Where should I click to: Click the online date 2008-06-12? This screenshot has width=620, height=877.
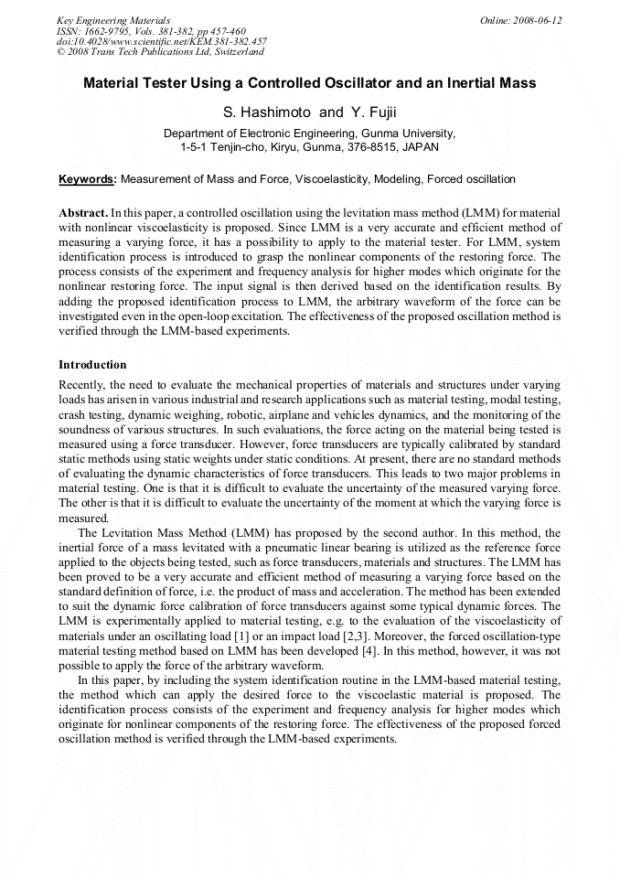pos(537,20)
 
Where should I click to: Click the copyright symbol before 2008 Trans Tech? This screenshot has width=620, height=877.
pos(60,53)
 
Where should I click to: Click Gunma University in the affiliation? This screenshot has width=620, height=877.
pos(409,134)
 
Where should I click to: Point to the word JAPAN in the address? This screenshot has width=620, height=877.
pos(419,146)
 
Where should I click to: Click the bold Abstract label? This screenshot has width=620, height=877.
pos(83,211)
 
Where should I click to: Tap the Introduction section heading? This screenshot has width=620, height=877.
pos(92,365)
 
